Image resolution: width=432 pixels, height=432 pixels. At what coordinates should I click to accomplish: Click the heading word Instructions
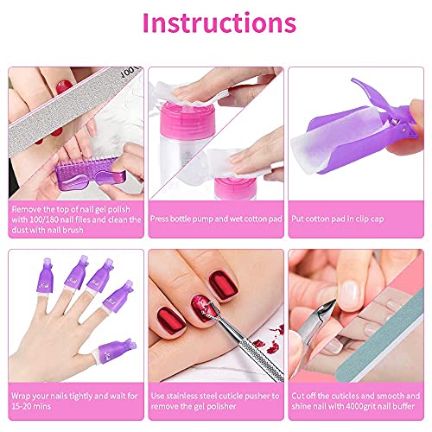[x=215, y=23]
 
